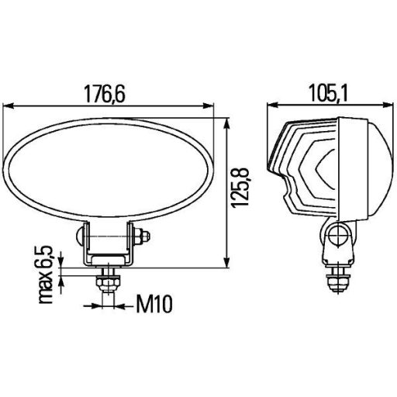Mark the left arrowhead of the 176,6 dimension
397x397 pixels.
coord(10,105)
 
